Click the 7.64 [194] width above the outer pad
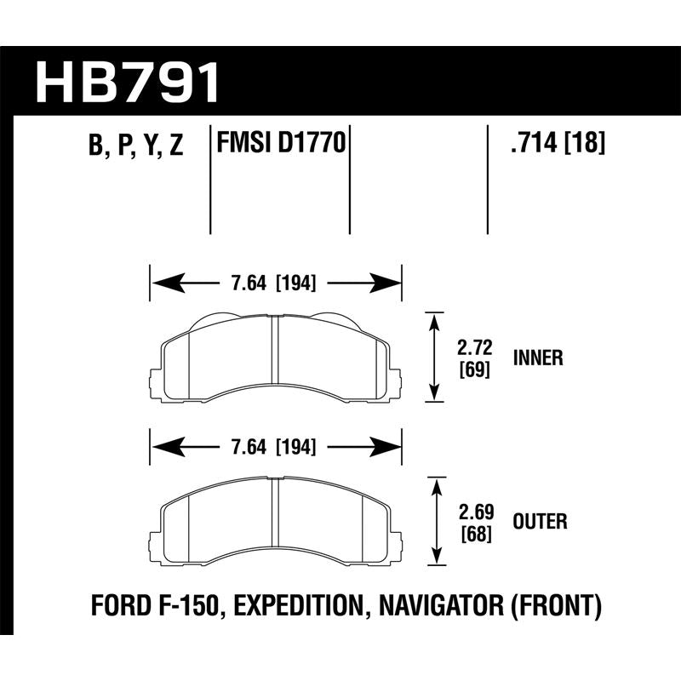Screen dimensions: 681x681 pyautogui.click(x=275, y=444)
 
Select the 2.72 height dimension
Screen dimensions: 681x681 pyautogui.click(x=474, y=348)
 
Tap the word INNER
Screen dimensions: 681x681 pyautogui.click(x=538, y=358)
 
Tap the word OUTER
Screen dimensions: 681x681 pyautogui.click(x=540, y=520)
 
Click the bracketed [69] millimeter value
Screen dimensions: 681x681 pyautogui.click(x=474, y=370)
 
